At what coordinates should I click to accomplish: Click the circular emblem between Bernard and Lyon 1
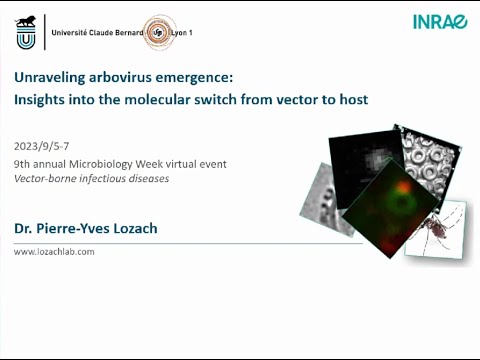click(x=160, y=32)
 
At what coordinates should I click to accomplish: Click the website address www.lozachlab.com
click(x=54, y=252)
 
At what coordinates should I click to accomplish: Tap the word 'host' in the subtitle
click(x=351, y=99)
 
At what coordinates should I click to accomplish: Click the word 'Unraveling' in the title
click(x=45, y=78)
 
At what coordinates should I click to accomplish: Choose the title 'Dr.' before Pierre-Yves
click(x=22, y=229)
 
